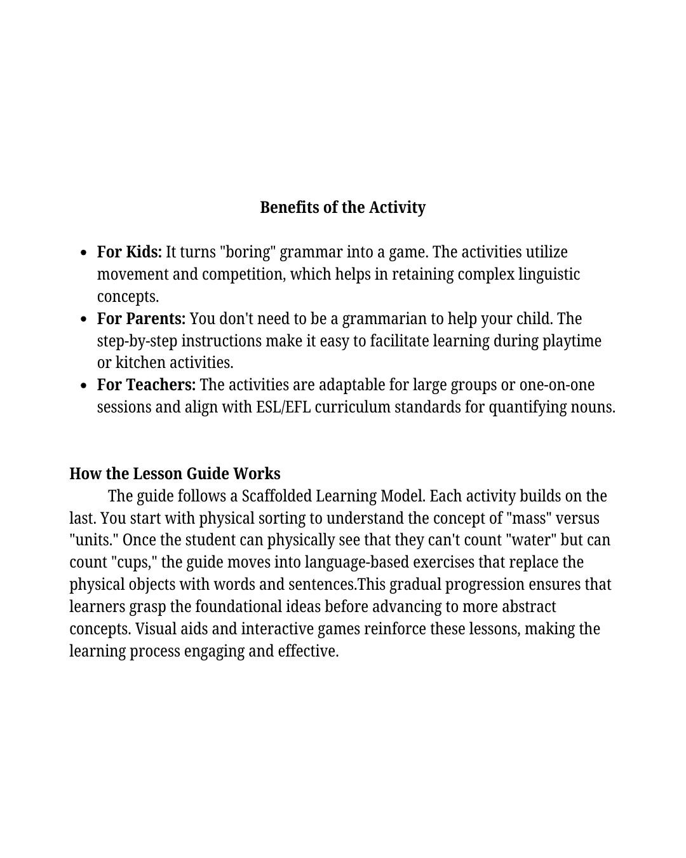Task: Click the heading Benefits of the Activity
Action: [x=342, y=207]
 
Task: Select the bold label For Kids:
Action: [x=130, y=252]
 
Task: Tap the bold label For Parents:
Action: [x=141, y=318]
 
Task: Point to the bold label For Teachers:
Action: [x=146, y=385]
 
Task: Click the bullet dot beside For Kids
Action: [x=84, y=253]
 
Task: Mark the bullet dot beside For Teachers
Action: [x=84, y=386]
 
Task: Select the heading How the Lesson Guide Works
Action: [x=175, y=473]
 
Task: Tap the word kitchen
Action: [x=140, y=363]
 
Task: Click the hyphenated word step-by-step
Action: [x=137, y=341]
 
